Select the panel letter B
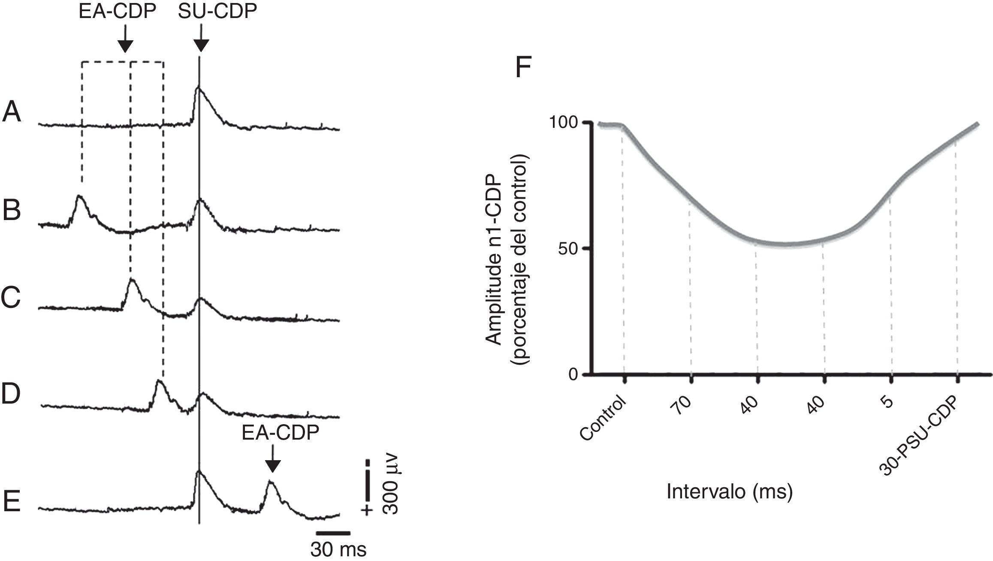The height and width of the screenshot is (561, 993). (12, 211)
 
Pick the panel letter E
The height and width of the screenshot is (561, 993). (12, 502)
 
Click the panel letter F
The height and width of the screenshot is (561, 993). (523, 67)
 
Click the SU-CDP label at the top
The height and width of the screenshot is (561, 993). (217, 12)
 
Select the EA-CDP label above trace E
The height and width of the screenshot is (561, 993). (281, 433)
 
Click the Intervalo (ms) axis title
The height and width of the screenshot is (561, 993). (729, 492)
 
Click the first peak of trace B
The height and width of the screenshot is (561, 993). (79, 197)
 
